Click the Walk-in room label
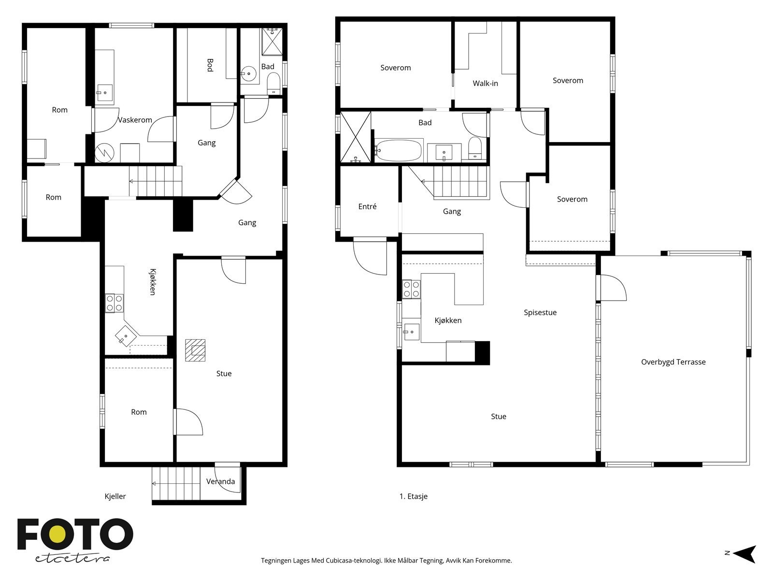coord(485,84)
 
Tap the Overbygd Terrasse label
coord(673,362)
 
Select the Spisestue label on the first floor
coord(540,312)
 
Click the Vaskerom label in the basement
coord(135,120)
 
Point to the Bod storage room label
coord(210,65)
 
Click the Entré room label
coord(367,206)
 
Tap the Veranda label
coord(220,481)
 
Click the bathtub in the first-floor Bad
coord(398,150)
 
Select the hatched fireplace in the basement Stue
coord(195,350)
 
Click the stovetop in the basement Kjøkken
coord(114,303)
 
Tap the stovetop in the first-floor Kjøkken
coord(411,289)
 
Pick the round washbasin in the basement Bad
coord(249,74)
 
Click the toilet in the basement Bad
coord(273,84)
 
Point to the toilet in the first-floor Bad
coord(475,148)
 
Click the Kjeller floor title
coord(115,496)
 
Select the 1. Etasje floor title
coord(414,496)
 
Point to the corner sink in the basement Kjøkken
coord(126,336)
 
